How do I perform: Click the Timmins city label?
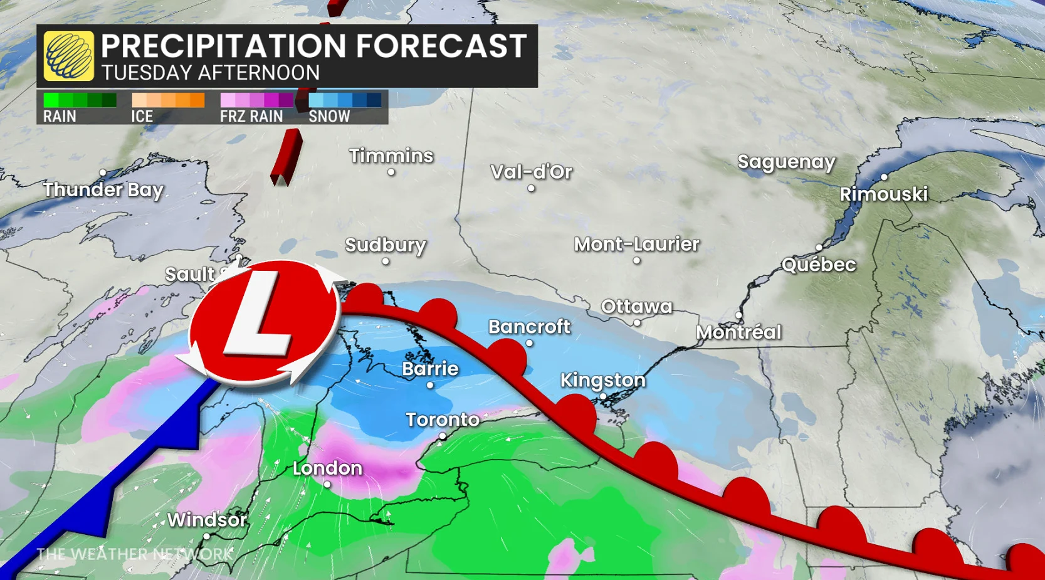[x=391, y=156]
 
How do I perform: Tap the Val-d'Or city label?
[x=531, y=172]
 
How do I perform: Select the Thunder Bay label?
[x=103, y=189]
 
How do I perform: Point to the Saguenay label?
[x=786, y=162]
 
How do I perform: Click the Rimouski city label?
[x=883, y=194]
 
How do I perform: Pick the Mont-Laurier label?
[x=636, y=244]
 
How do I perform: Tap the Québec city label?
[x=818, y=265]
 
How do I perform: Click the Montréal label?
[x=738, y=332]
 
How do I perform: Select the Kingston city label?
[x=602, y=380]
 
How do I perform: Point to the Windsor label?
[x=207, y=520]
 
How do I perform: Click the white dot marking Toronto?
[x=443, y=436]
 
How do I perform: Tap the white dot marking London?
[x=327, y=484]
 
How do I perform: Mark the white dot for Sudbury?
[x=386, y=261]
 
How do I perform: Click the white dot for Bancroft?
[x=530, y=343]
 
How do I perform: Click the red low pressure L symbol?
[x=263, y=321]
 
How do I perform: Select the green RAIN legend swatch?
[x=80, y=100]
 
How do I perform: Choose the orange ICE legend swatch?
[x=168, y=100]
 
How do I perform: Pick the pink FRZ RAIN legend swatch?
[x=256, y=100]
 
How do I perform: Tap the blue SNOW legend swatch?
[x=345, y=100]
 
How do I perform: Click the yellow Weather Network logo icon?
[x=68, y=56]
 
